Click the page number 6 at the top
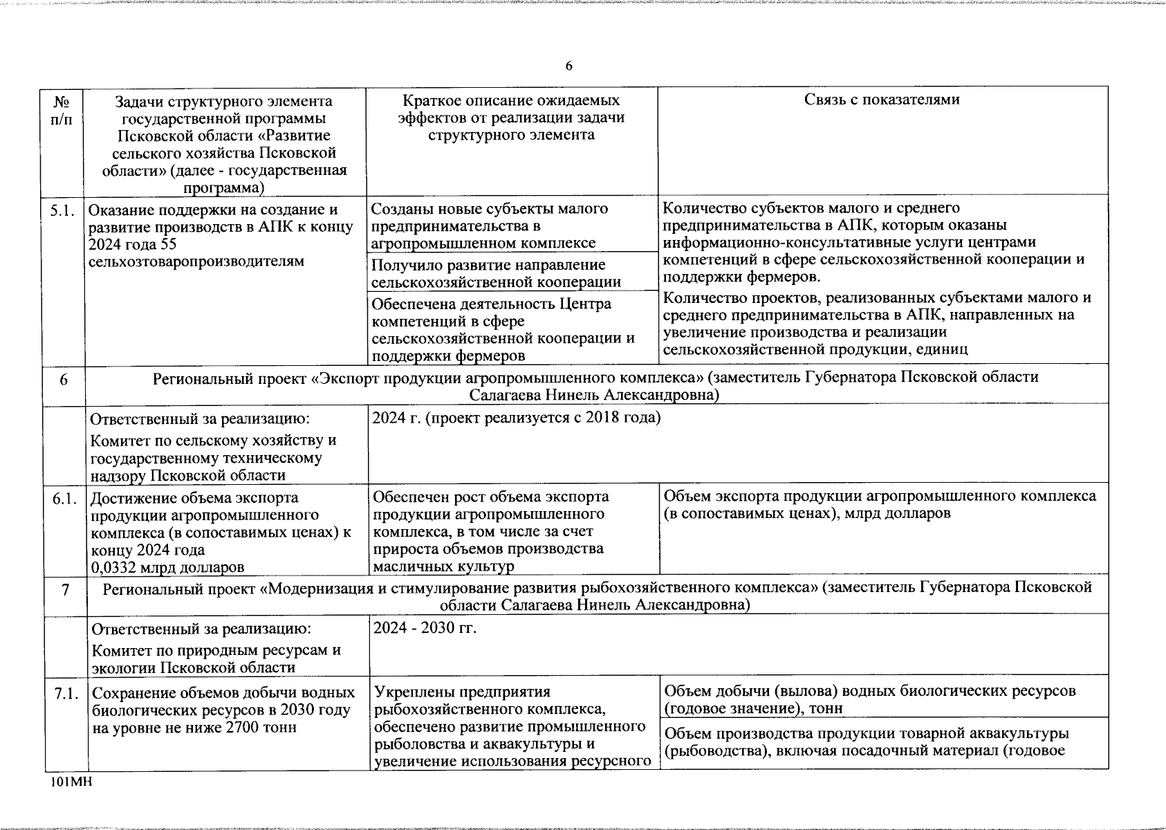568,66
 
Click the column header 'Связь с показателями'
882,100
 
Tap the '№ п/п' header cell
63,110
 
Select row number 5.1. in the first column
62,210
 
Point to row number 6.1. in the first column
64,498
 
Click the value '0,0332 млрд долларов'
167,568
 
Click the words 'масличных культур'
443,566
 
